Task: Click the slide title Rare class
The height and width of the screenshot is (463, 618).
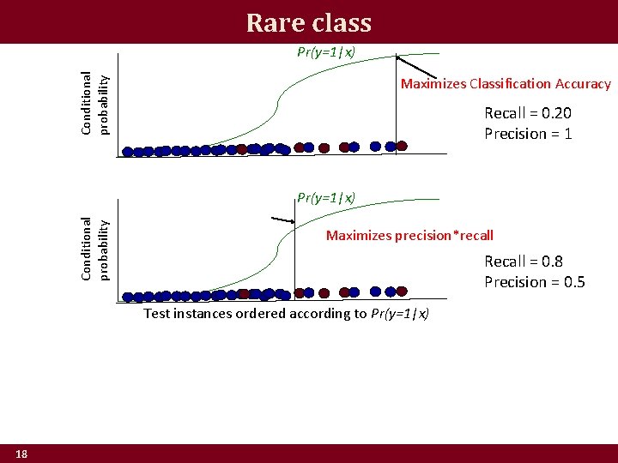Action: tap(308, 21)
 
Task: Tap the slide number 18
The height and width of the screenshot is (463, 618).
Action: tap(21, 454)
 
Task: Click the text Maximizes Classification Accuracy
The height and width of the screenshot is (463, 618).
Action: tap(506, 84)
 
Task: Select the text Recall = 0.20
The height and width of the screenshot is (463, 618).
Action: tap(528, 113)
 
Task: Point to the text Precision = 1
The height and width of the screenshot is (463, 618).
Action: tap(528, 134)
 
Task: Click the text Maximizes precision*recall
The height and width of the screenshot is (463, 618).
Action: tap(409, 235)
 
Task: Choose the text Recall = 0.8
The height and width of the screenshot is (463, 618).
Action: tap(523, 262)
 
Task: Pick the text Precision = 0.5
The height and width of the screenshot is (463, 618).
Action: tap(534, 282)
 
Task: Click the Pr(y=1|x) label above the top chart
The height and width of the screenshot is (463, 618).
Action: tap(325, 51)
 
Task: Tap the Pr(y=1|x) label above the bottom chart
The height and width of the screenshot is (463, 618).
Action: tap(325, 198)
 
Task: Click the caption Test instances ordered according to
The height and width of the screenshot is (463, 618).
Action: tap(255, 314)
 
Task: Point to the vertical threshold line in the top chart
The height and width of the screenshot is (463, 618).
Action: tap(396, 103)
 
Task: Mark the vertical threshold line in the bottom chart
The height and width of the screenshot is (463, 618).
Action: tap(294, 257)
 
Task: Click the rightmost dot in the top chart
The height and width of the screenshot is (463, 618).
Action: tap(401, 147)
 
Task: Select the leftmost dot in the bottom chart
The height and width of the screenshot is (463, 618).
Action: tap(128, 298)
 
